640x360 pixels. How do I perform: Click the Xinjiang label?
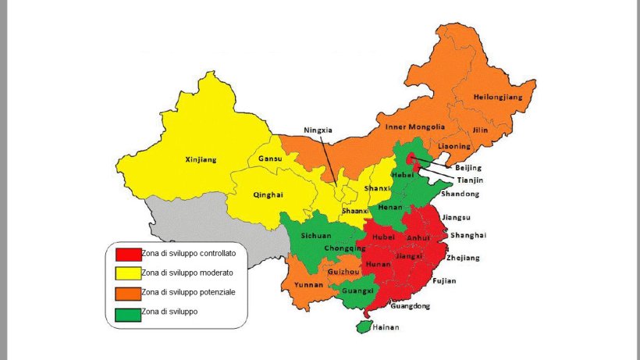201,160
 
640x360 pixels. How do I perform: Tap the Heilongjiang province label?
496,98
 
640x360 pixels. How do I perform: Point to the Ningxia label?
318,130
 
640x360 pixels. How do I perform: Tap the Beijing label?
468,167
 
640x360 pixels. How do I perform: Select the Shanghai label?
468,235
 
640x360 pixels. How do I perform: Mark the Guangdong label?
411,306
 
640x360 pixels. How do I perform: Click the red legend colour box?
128,254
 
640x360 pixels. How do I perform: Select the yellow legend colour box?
128,273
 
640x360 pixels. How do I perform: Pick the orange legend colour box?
128,293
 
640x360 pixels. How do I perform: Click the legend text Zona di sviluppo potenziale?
188,292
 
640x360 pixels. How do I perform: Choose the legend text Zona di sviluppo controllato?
189,253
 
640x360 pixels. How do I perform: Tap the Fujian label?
443,280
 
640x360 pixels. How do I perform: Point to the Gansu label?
269,159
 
